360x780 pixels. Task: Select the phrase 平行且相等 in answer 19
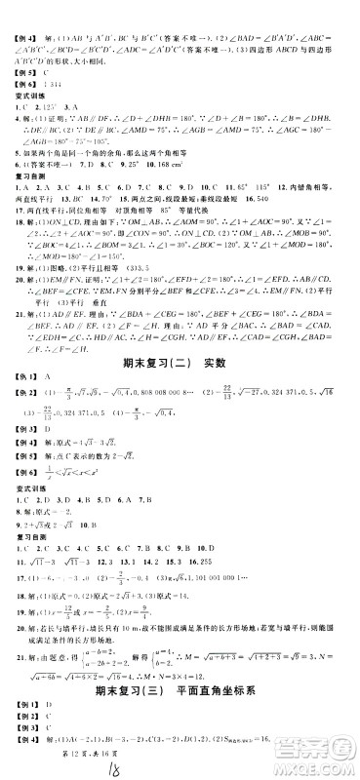click(x=122, y=244)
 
